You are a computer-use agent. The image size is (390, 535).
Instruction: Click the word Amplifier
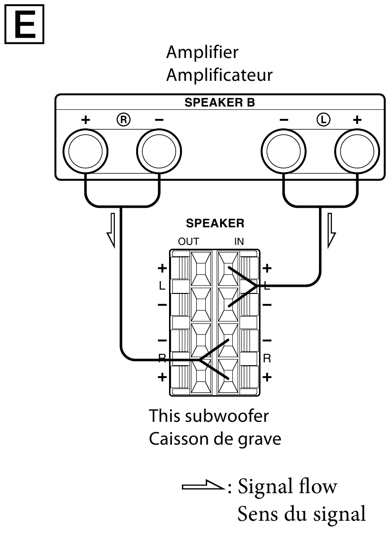[x=202, y=52]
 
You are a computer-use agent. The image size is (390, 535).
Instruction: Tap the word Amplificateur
[x=219, y=75]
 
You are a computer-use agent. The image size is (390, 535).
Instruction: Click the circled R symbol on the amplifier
[x=123, y=120]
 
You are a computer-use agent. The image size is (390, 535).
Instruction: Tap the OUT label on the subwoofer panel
[x=189, y=242]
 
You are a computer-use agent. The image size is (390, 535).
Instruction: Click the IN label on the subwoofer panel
[x=239, y=242]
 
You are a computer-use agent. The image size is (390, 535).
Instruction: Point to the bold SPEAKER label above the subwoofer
[x=215, y=224]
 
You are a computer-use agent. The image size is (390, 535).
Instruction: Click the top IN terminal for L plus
[x=228, y=269]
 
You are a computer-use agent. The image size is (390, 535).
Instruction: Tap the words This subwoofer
[x=209, y=416]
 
